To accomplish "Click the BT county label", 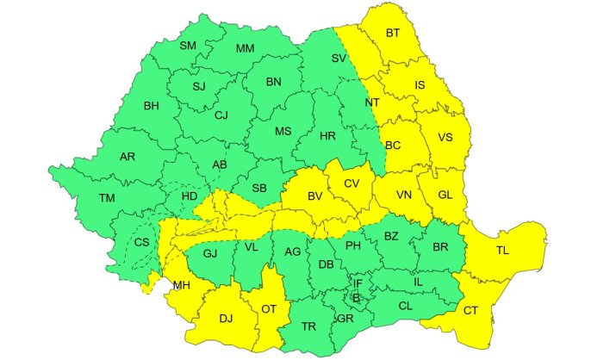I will pos(393,34).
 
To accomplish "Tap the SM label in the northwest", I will pos(188,46).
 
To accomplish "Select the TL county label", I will pos(502,251).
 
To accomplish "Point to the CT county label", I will pos(471,310).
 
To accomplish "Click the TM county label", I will pos(106,198).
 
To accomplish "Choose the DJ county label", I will pos(226,319).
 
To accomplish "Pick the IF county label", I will pos(358,283).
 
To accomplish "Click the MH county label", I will pos(181,285).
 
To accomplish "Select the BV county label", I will pos(314,196).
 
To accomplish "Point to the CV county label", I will pos(351,183).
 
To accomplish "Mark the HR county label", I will pos(327,137).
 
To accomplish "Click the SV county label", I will pos(339,59).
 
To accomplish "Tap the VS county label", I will pos(445,137).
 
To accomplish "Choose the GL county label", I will pos(445,195).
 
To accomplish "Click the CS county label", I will pos(141,242).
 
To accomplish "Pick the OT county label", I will pos(269,308).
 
